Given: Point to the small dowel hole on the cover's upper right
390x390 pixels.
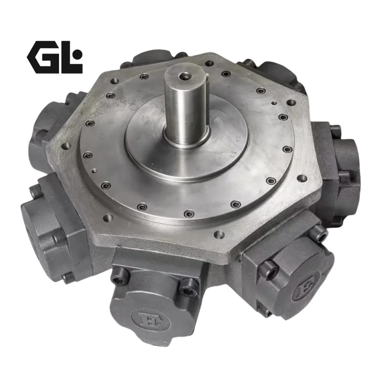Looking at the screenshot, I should tap(274, 103).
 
